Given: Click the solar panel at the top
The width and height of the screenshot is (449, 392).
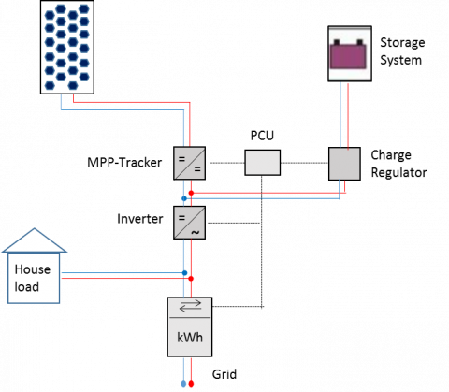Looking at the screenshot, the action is coord(67,47).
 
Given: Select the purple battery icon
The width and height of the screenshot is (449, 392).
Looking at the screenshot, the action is coord(348,54).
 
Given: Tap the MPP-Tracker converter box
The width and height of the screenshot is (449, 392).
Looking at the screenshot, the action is coord(189,163).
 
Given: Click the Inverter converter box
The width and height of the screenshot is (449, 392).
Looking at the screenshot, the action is coord(189,223).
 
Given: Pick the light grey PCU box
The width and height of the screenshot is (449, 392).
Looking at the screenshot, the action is coord(262,163).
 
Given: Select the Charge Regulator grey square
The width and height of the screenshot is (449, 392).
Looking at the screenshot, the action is coord(344,164).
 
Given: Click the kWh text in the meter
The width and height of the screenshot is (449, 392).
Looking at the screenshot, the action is coord(190,338).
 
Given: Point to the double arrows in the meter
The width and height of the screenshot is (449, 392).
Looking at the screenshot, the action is coord(191,306).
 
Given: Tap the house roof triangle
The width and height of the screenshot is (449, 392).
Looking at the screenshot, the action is coord(35,240).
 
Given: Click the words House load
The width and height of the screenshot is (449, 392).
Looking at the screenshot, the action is coord(32,278).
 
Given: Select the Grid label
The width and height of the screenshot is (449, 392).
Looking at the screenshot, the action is coord(224,374).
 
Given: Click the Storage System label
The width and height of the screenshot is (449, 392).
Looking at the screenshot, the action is coord(402,51).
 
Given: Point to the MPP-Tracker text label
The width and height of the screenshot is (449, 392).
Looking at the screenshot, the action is coord(124,163).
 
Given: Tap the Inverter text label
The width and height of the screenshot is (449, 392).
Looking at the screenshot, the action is coord(140,219).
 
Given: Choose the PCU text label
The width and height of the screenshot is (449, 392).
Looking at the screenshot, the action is coord(262,136).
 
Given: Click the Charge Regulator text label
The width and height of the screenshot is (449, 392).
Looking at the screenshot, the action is coord(398,164).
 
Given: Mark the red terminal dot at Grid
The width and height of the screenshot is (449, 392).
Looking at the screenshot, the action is coord(191,384).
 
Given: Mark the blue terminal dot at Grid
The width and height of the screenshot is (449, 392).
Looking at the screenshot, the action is coord(183,384).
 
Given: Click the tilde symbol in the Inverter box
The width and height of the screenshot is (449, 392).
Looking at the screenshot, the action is coord(196,232).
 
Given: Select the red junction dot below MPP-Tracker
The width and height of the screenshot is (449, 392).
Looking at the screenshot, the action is coord(191,194).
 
